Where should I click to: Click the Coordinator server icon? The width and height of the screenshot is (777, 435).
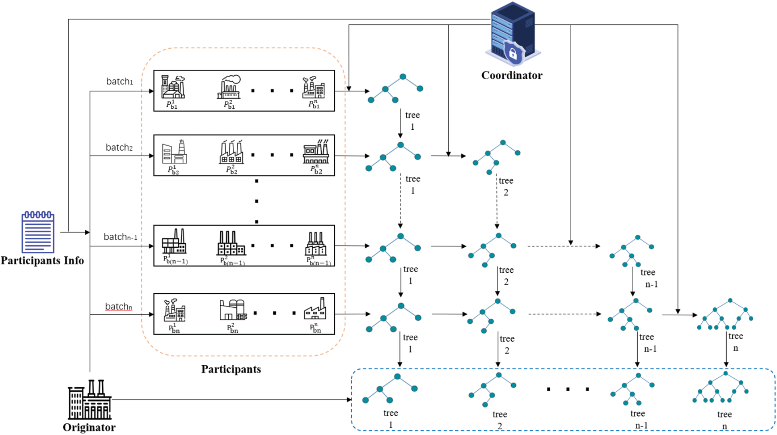[512, 34]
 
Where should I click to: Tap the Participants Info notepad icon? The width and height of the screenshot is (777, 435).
[38, 232]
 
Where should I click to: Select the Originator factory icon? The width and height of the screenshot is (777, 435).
[89, 400]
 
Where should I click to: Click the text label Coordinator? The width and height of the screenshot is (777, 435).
[512, 75]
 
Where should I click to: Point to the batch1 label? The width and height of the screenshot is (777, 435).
[120, 81]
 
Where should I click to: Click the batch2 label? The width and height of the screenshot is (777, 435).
[119, 147]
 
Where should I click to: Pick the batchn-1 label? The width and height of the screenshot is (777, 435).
[120, 237]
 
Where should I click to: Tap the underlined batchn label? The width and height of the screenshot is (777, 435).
[118, 307]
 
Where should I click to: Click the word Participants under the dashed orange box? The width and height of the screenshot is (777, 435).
[231, 369]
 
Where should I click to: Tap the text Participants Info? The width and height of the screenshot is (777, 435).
[42, 261]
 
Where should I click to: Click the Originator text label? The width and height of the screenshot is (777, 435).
[89, 427]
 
